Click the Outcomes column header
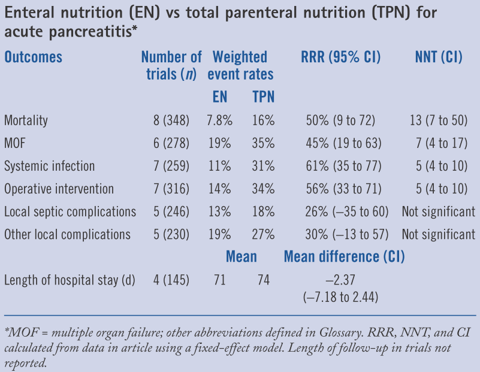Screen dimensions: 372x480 pyautogui.click(x=34, y=58)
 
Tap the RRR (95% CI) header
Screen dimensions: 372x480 pyautogui.click(x=340, y=58)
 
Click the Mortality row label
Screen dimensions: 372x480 pyautogui.click(x=26, y=120)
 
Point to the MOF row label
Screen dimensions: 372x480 pyautogui.click(x=16, y=143)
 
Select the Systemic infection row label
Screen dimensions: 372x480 pyautogui.click(x=49, y=166)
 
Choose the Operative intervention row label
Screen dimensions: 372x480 pyautogui.click(x=59, y=189)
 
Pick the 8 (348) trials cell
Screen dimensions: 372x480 pyautogui.click(x=171, y=120)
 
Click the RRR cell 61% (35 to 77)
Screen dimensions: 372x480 pyautogui.click(x=340, y=166)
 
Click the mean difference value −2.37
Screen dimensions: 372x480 pyautogui.click(x=340, y=280)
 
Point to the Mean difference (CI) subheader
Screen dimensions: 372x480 pyautogui.click(x=344, y=257)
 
